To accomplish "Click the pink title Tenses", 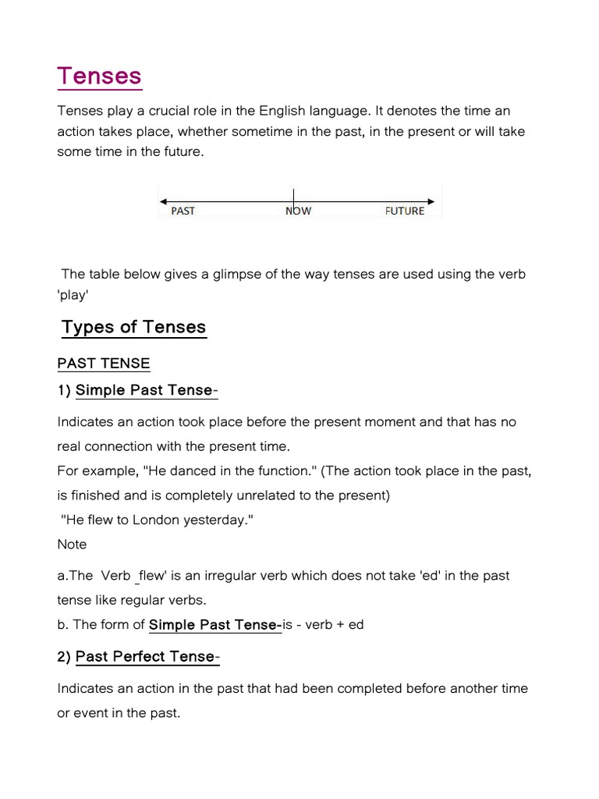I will [99, 76].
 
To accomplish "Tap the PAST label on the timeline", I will [183, 211].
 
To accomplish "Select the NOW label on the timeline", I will [298, 211].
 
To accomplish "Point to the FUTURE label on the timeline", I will [405, 211].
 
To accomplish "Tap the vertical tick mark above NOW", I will [293, 195].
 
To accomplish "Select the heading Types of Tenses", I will [133, 327].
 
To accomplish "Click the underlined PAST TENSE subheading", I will [104, 363].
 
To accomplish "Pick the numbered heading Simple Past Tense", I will [144, 390].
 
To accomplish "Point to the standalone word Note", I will [72, 544].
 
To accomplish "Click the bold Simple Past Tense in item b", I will [214, 624].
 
